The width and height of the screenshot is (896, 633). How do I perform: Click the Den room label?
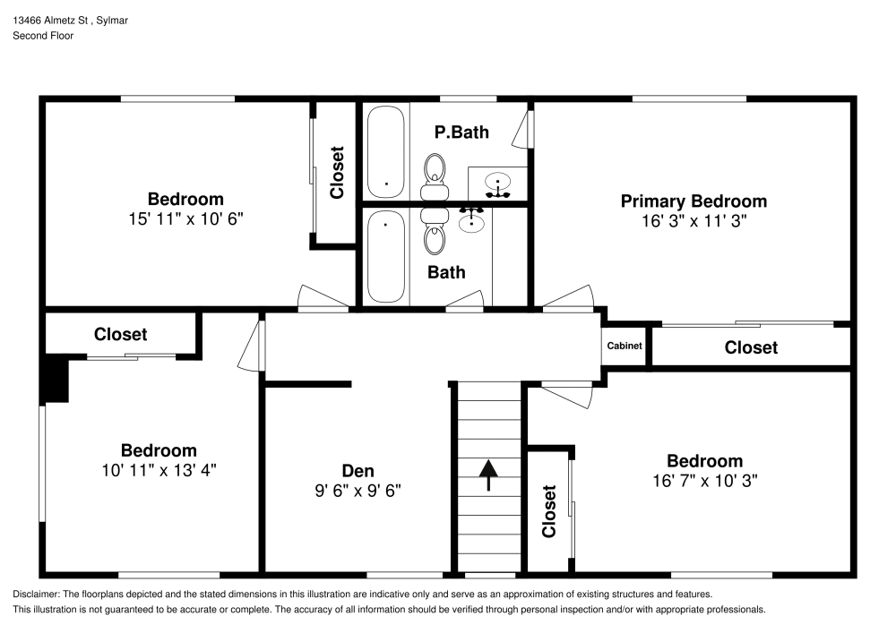click(358, 471)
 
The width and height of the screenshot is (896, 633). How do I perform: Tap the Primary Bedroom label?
click(694, 201)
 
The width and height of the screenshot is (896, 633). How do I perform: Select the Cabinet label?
click(625, 346)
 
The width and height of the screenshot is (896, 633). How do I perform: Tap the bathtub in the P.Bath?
click(386, 151)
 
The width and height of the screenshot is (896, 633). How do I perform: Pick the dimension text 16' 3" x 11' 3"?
click(694, 220)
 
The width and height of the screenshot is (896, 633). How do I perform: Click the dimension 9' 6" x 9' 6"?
click(358, 491)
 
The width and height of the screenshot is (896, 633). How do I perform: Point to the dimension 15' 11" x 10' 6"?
click(185, 218)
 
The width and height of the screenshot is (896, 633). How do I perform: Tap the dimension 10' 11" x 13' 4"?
click(159, 469)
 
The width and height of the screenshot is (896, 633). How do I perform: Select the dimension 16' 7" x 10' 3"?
click(704, 480)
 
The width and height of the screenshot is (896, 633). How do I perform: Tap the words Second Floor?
click(43, 36)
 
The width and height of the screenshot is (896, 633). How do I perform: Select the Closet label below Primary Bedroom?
click(751, 347)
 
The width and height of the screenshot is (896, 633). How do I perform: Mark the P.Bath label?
click(461, 133)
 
